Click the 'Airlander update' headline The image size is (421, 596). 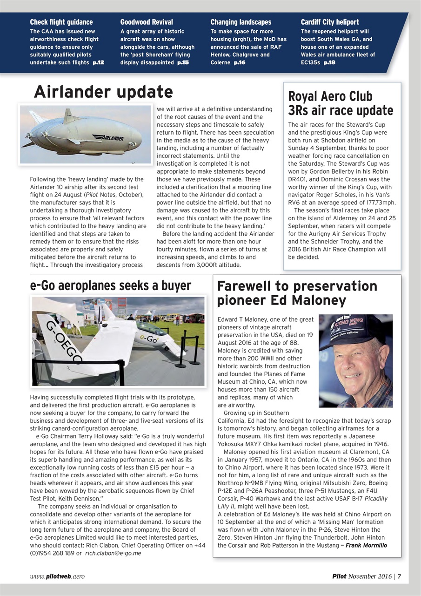point(103,92)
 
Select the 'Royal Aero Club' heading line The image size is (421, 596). point(330,96)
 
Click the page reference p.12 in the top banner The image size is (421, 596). point(98,63)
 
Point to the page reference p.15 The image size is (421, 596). point(183,63)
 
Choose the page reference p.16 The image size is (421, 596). point(240,63)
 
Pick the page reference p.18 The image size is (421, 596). point(329,63)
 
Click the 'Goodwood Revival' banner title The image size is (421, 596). point(146,22)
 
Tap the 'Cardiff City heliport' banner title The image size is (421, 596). point(330,22)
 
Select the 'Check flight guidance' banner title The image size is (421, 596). point(61,22)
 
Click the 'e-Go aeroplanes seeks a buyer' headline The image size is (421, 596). point(110,285)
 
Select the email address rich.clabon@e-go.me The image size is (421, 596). point(113,553)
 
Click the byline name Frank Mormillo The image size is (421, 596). point(367,545)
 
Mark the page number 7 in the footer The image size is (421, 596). point(399,576)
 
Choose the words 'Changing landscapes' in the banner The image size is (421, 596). point(241,22)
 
